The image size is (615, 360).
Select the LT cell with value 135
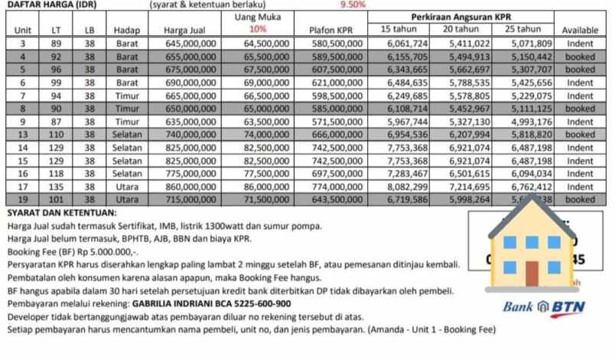pyautogui.click(x=55, y=186)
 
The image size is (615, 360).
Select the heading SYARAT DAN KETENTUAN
pyautogui.click(x=62, y=212)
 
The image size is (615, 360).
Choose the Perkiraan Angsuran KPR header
pyautogui.click(x=460, y=16)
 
